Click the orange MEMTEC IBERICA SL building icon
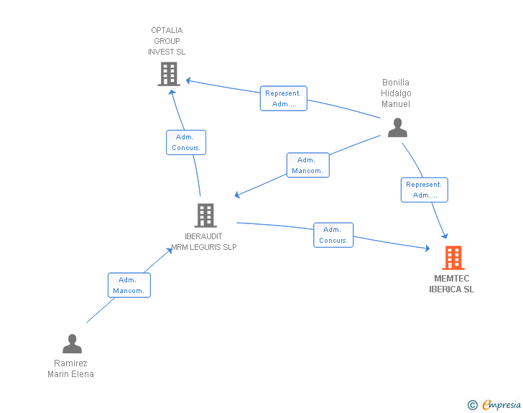click(x=453, y=257)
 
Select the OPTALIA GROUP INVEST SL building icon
click(x=168, y=73)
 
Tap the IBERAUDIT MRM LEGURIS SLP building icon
click(x=205, y=215)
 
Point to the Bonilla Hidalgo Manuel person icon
click(x=397, y=127)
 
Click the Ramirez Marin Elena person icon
click(x=72, y=343)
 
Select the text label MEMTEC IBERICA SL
click(x=451, y=284)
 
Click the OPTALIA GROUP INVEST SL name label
click(x=167, y=41)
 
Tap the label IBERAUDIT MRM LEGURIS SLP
click(x=203, y=241)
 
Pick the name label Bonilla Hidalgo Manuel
click(x=396, y=93)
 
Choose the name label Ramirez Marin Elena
click(x=70, y=368)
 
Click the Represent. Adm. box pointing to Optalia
click(x=284, y=98)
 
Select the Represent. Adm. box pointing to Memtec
click(x=425, y=190)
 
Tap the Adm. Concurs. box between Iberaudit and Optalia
click(x=186, y=142)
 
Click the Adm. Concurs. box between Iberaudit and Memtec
click(x=333, y=235)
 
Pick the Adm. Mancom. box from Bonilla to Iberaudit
click(x=307, y=165)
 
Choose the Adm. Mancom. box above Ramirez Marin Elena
click(x=129, y=285)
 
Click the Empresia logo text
click(x=501, y=405)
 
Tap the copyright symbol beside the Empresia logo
click(x=473, y=405)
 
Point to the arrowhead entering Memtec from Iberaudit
click(x=427, y=249)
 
